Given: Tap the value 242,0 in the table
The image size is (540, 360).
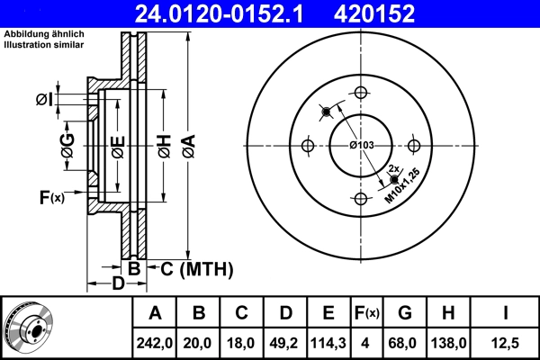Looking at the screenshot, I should click(155, 342).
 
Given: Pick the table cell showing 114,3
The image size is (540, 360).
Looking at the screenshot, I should click(328, 342).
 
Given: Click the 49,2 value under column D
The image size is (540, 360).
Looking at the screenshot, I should click(285, 342).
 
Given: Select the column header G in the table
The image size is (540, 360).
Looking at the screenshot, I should click(405, 314).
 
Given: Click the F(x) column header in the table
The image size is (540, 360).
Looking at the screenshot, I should click(367, 314).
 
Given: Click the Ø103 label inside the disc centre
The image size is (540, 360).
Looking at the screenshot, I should click(362, 146).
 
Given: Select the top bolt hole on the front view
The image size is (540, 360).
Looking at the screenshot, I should click(362, 93).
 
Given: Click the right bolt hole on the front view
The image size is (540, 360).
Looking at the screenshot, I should click(414, 146).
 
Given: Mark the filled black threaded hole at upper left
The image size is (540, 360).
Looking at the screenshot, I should click(325, 111).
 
